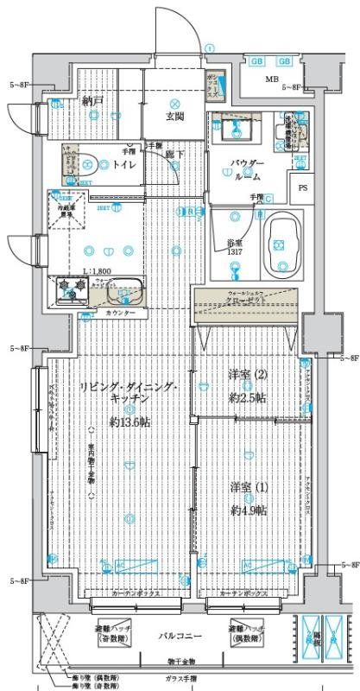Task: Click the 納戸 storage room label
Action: coord(92,101)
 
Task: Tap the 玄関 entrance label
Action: coord(176,117)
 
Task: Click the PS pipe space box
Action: coord(302,187)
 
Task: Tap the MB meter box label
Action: coord(272,80)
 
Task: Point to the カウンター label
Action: coord(120,312)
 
